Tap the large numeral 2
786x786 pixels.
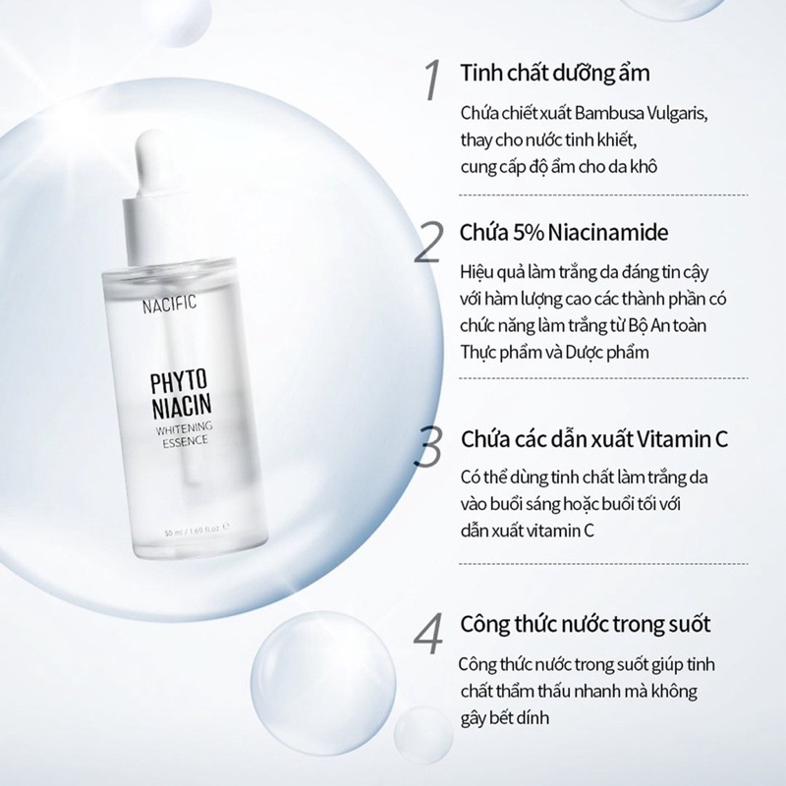point(428,242)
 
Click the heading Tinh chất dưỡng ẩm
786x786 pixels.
point(553,74)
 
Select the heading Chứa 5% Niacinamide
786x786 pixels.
point(564,234)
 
